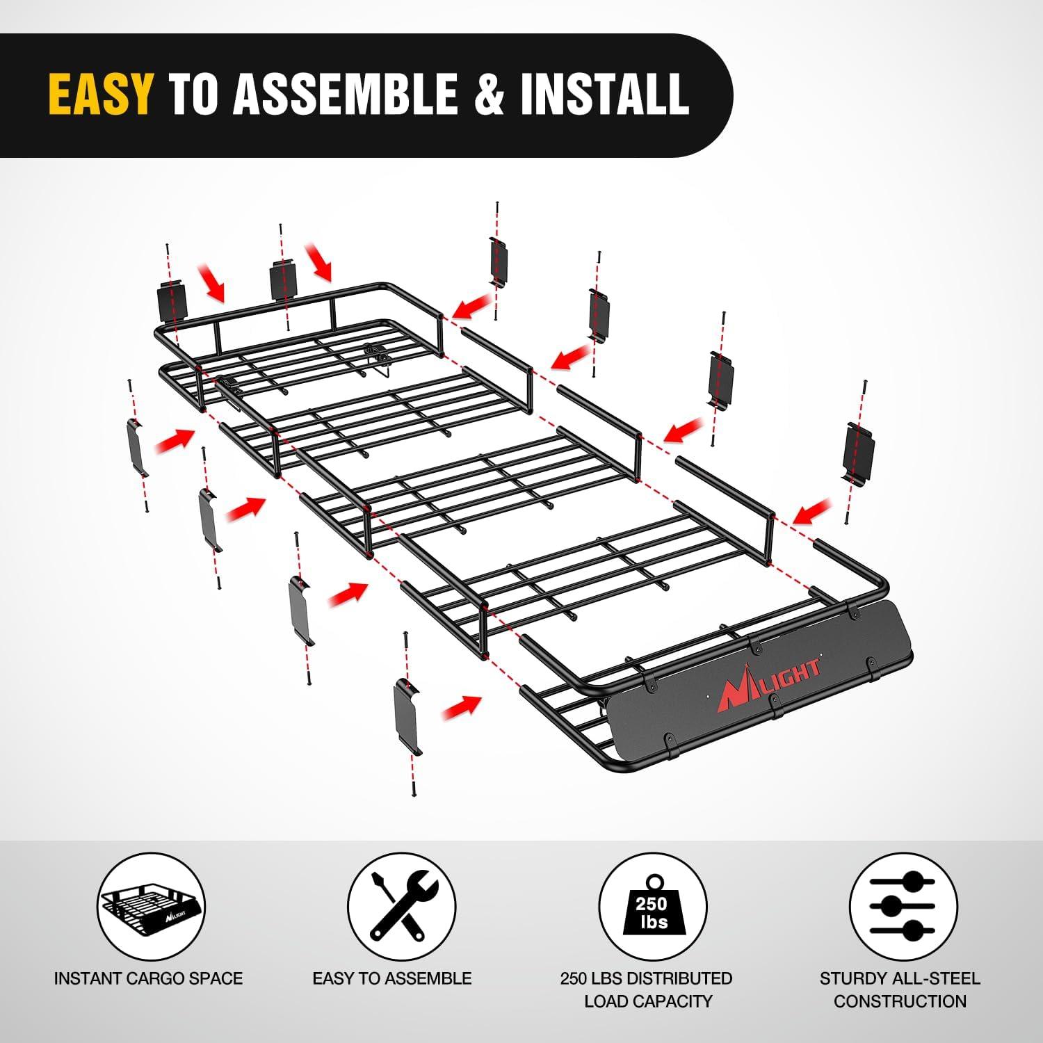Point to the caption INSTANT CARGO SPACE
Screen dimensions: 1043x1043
[149, 978]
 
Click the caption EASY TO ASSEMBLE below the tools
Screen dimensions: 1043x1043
[392, 978]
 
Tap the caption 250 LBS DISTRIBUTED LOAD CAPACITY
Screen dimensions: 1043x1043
[647, 989]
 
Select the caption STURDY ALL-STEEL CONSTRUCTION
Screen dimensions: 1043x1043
[900, 989]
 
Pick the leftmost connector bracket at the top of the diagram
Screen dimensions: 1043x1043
[172, 300]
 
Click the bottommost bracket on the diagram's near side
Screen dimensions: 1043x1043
[408, 716]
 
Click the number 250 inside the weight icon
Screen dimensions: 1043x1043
[652, 904]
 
